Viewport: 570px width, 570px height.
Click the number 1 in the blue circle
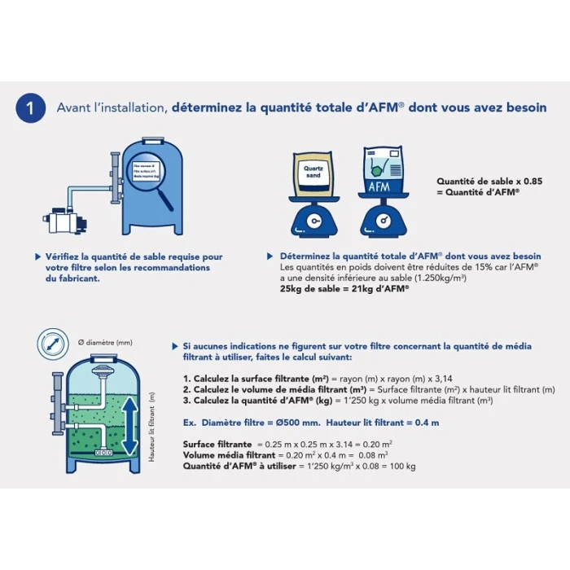coord(30,107)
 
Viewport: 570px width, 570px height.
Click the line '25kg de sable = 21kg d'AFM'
coord(344,288)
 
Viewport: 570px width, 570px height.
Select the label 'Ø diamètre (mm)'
coord(104,342)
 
